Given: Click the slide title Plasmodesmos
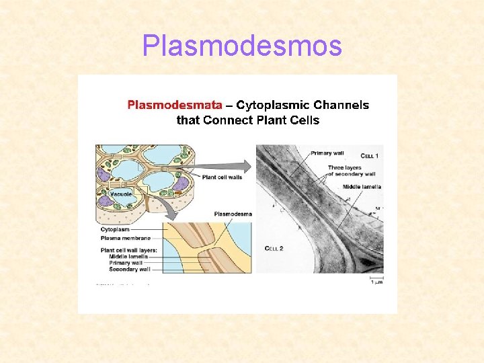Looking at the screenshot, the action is coord(242,46).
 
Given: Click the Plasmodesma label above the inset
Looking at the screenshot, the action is coord(233,214).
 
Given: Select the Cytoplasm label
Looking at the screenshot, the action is coord(114,229).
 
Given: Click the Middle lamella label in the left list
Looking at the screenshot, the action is coord(128,255).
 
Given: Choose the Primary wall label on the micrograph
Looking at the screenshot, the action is coord(326,153).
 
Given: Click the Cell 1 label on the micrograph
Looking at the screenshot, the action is coord(369,157).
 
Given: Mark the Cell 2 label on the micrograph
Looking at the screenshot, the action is coord(274,249).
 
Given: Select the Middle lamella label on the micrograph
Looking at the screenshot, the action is coord(362,187).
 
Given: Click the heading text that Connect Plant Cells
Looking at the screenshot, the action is coord(248,121).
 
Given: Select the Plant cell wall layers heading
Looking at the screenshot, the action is coord(129,249).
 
